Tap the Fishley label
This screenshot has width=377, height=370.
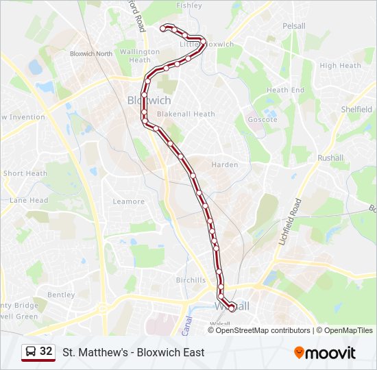[189, 5]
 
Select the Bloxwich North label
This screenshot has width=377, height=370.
[91, 53]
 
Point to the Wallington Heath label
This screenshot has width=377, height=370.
[139, 56]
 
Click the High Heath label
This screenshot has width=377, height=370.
[340, 66]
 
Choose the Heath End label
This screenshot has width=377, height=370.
[285, 90]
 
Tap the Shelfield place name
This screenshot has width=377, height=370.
[356, 110]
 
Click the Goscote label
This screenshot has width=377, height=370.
[263, 120]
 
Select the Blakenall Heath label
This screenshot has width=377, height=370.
[186, 114]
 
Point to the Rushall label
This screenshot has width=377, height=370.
[330, 158]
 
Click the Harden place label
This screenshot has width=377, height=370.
[225, 165]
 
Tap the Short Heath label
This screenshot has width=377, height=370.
[25, 174]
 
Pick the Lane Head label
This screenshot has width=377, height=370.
[29, 201]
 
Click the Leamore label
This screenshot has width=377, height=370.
[129, 201]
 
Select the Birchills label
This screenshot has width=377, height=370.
[191, 280]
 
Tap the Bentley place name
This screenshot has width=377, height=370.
[61, 295]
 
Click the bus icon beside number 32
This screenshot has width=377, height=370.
[31, 352]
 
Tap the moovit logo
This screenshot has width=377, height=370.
[325, 353]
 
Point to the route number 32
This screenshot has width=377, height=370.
[46, 351]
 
